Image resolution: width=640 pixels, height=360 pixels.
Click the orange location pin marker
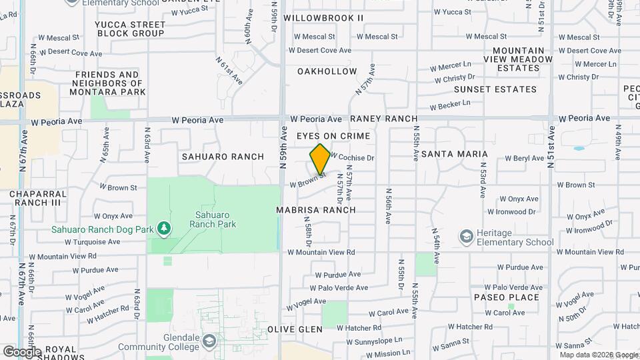click(320, 159)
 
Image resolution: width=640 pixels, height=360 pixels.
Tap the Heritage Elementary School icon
click(466, 237)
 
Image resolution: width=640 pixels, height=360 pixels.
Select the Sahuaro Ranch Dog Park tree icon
click(164, 229)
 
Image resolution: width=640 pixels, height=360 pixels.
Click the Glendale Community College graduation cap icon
click(209, 341)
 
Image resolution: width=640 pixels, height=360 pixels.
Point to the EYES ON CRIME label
click(333, 136)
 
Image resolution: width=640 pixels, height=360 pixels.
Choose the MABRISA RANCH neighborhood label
click(316, 210)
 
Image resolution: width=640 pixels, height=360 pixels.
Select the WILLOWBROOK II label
click(323, 18)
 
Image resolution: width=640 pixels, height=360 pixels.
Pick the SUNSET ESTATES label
click(495, 89)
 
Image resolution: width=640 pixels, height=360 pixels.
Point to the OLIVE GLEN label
click(295, 329)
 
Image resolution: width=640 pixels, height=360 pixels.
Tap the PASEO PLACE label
click(507, 297)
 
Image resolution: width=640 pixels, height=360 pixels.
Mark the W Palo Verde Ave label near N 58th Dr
click(342, 288)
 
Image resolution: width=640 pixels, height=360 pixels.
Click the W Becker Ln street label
click(450, 105)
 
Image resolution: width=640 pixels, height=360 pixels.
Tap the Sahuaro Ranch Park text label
click(213, 220)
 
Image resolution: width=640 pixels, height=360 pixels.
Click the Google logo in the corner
click(21, 351)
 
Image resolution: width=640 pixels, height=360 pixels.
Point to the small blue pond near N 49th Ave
click(578, 148)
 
